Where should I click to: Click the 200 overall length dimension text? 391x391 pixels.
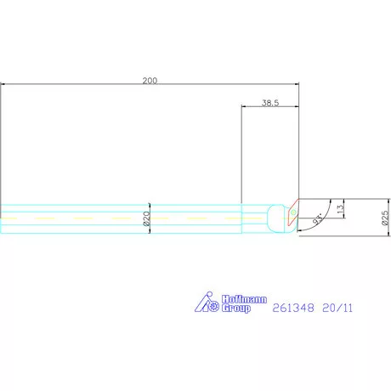[150, 81]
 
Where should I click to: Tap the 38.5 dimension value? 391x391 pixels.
[270, 103]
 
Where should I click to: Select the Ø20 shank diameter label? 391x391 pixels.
[146, 218]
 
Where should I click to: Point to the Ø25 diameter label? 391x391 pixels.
[385, 218]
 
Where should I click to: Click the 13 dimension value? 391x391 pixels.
[340, 209]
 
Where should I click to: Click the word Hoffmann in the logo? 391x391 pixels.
[244, 299]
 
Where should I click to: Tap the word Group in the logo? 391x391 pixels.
[236, 309]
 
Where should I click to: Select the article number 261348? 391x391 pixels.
[293, 308]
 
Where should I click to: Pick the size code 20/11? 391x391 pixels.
[337, 308]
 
